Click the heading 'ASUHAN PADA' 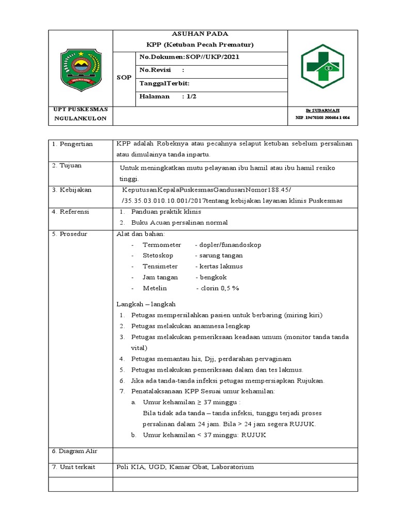pos(199,34)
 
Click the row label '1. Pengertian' pos(72,144)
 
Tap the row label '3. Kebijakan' pos(71,190)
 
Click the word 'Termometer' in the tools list pos(162,245)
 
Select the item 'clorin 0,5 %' pos(217,288)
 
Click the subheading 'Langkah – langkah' pos(146,304)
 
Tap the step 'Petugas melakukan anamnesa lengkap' pos(191,326)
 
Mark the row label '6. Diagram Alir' pos(74,451)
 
